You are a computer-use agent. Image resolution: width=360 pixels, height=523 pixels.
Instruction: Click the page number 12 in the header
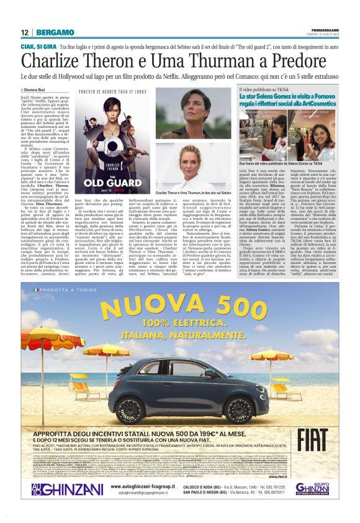[25, 32]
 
